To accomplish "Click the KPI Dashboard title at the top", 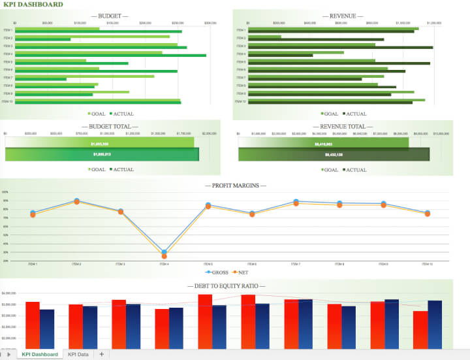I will coord(33,5).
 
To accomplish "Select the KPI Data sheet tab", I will coord(78,354).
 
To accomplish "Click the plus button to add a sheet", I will coord(101,354).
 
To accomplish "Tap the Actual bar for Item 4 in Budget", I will coord(111,56).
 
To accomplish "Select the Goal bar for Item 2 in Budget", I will coord(91,37).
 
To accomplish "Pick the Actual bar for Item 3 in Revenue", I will coord(339,48).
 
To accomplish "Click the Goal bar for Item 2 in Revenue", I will coord(260,37).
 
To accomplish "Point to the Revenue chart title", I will coord(343,16).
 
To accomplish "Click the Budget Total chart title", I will coord(110,126).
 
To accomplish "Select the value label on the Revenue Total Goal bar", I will coord(324,144).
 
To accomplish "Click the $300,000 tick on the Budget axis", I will coord(210,22).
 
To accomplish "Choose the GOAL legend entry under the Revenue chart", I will coord(330,114).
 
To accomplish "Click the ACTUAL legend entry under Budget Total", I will coord(121,169).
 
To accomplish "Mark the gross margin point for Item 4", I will coord(164,252).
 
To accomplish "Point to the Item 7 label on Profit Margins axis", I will coord(295,264).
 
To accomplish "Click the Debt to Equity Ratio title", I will coord(226,286).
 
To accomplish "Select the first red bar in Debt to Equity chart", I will coord(33,325).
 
